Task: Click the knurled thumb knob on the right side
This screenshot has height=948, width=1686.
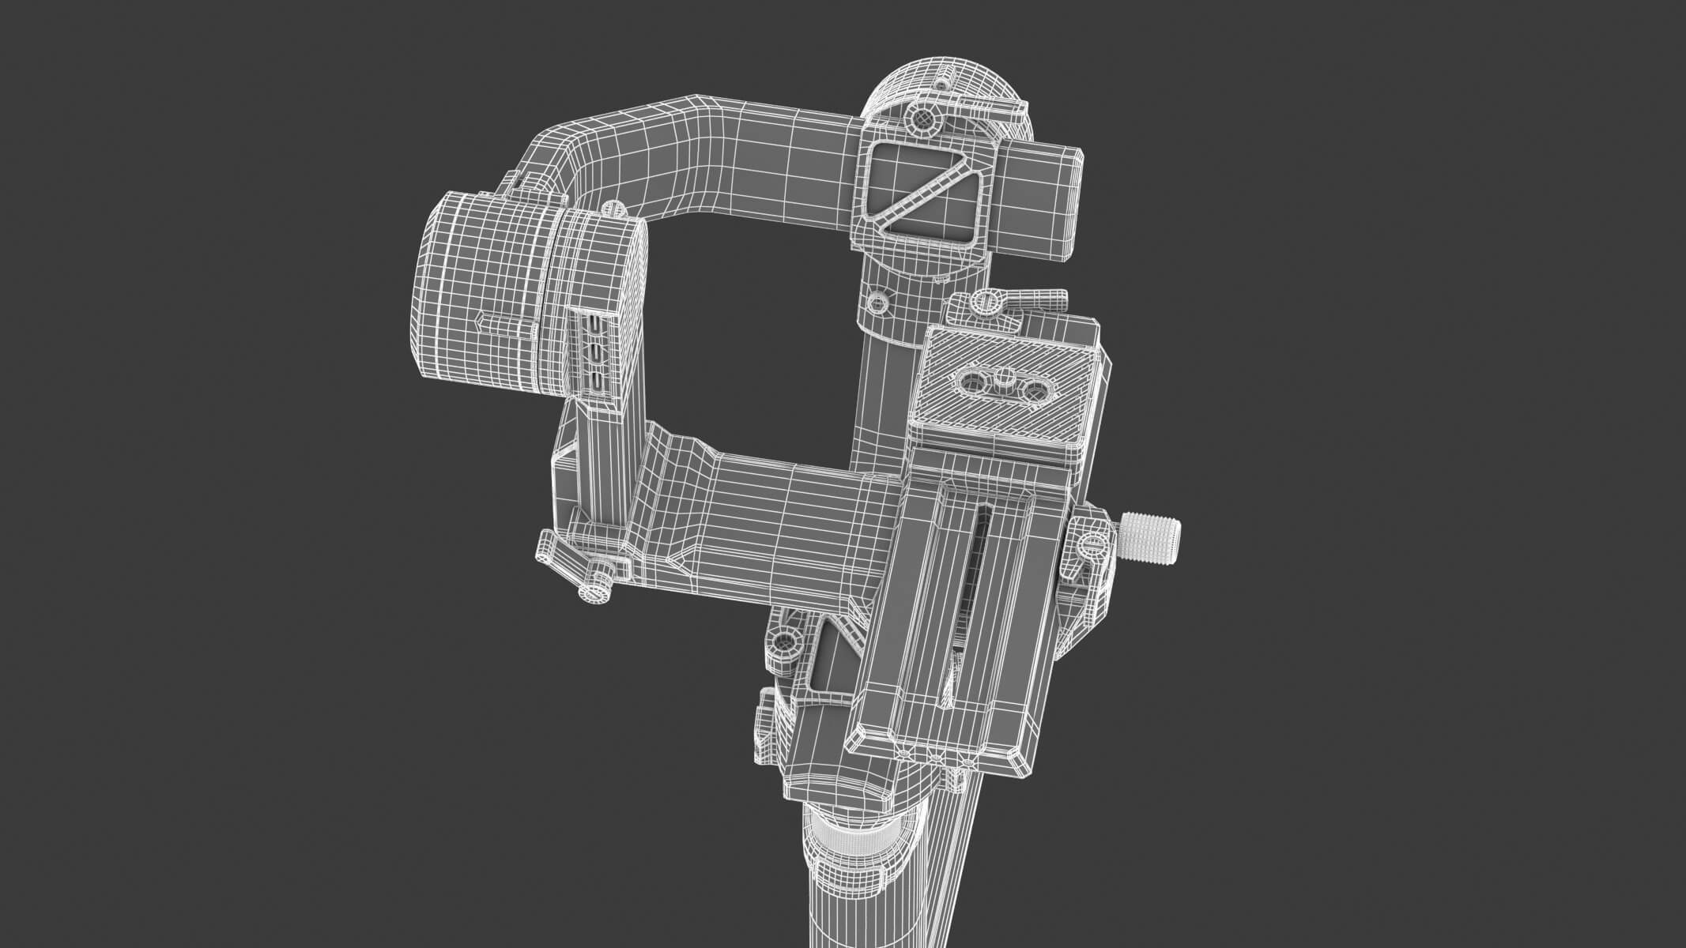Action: click(1151, 536)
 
